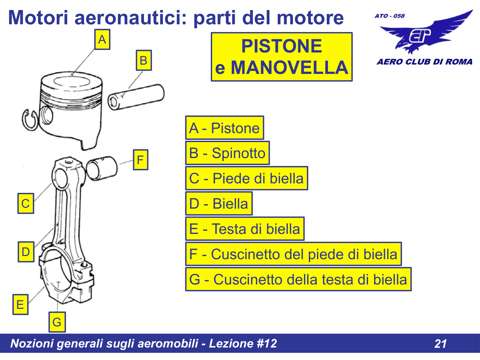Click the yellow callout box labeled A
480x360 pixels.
tap(102, 39)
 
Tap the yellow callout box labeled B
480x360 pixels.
tap(144, 60)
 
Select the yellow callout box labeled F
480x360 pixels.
tap(140, 160)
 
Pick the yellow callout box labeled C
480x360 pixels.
tap(26, 203)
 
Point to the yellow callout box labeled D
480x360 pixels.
tap(26, 252)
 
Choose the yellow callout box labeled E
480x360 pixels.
tap(20, 304)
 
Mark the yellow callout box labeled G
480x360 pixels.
tap(57, 322)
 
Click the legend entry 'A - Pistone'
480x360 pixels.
tap(225, 128)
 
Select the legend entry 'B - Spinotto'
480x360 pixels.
tap(228, 153)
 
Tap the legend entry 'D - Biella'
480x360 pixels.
tap(219, 204)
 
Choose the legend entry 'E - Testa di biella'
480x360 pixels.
tap(245, 228)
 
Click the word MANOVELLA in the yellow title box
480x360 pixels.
tap(289, 68)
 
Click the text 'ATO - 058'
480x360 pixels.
tap(390, 16)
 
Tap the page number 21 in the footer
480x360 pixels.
tap(440, 344)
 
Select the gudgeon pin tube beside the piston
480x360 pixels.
tap(136, 97)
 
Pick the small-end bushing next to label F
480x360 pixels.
tap(102, 168)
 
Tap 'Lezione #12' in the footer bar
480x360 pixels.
tap(243, 343)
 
